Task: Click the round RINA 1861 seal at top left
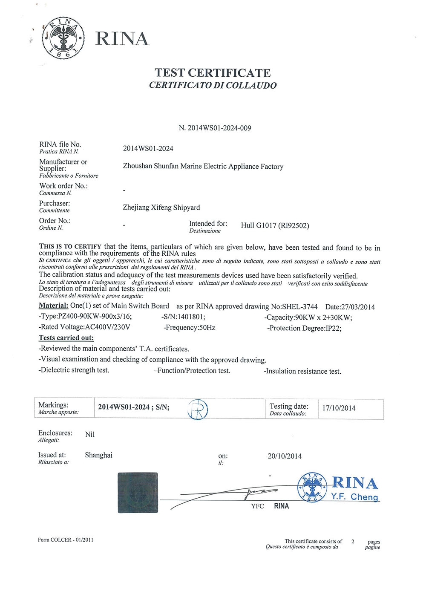tap(63, 38)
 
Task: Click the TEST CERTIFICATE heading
tap(213, 73)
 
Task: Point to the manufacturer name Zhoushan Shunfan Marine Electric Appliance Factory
tap(203, 166)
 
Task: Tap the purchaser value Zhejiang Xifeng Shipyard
tap(161, 208)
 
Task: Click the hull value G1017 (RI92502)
tap(275, 225)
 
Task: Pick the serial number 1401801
tap(191, 317)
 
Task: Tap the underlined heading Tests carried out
tap(66, 338)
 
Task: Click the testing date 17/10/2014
tap(338, 408)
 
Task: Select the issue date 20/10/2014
tap(284, 456)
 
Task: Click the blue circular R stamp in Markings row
tap(198, 410)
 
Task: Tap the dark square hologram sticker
tap(137, 492)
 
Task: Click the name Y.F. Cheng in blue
tap(354, 497)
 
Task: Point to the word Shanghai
tap(98, 455)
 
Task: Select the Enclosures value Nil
tap(89, 434)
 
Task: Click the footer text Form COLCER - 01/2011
tap(65, 540)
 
